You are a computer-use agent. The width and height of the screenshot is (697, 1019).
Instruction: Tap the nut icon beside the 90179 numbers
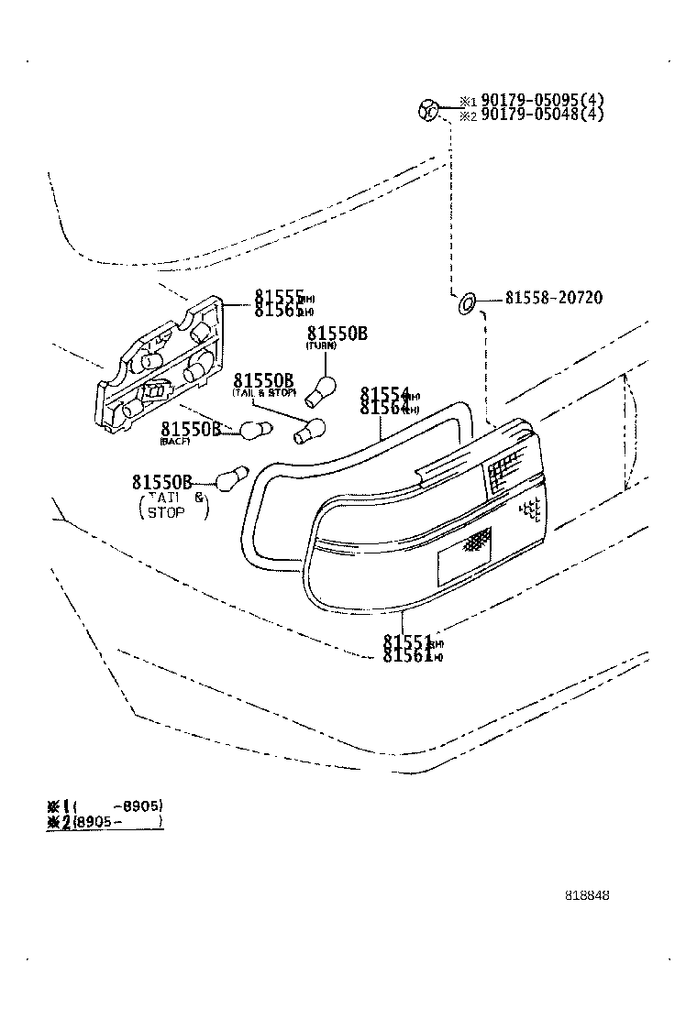tap(428, 110)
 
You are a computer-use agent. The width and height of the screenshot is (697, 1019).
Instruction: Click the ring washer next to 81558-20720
tap(467, 301)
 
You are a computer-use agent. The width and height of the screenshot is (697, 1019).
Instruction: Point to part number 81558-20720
tap(553, 299)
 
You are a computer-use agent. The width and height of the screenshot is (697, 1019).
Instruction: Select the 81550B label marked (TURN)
tap(337, 334)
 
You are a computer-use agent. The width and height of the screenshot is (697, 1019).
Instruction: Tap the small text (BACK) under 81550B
tap(173, 442)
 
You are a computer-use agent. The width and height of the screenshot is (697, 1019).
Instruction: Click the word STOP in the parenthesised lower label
tap(166, 513)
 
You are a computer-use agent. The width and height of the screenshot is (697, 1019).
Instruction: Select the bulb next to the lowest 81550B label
tap(229, 477)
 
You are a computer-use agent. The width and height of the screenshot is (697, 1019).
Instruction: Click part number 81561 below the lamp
tap(407, 656)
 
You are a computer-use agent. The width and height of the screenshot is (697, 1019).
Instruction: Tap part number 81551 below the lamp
tap(407, 641)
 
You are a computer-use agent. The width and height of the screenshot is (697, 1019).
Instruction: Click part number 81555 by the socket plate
tap(279, 297)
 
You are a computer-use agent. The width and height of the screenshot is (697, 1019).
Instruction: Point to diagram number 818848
tap(587, 895)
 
